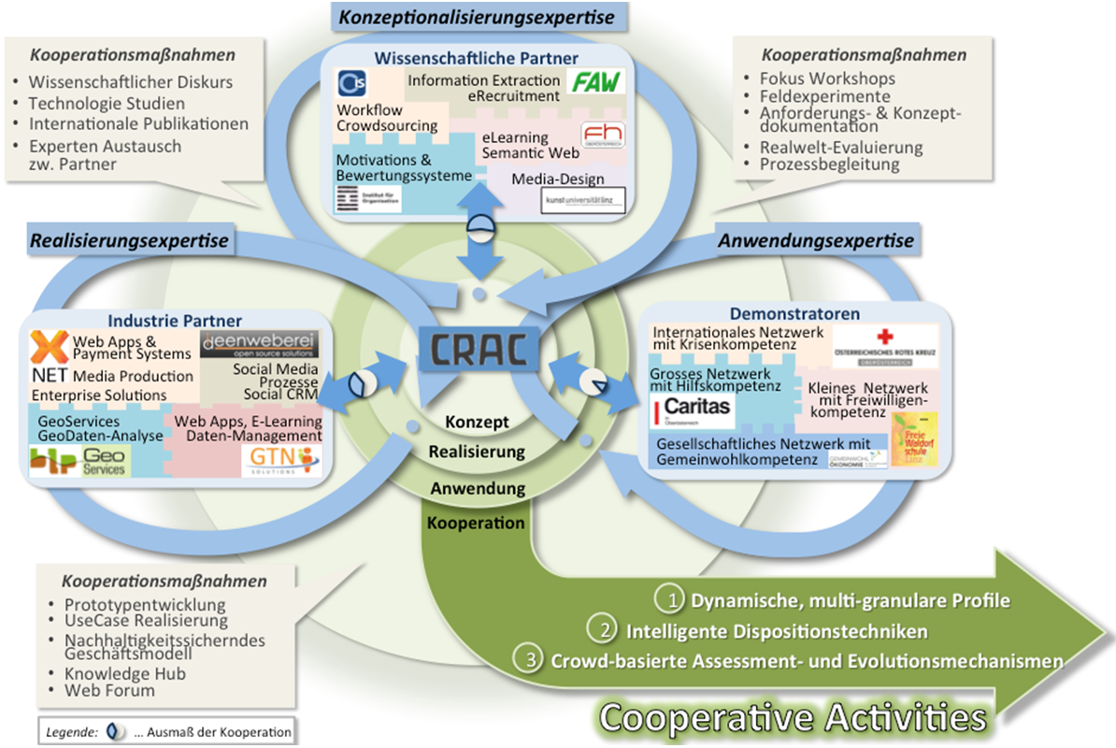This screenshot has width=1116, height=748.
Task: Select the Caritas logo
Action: click(692, 409)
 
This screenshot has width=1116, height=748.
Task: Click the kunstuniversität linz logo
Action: click(581, 199)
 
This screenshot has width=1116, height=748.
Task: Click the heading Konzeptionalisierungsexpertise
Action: click(476, 17)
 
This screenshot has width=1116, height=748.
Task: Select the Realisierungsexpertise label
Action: click(129, 241)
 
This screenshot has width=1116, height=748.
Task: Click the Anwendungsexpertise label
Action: click(816, 241)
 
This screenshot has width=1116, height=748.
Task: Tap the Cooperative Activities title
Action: click(793, 717)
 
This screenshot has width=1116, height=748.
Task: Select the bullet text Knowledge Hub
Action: click(125, 673)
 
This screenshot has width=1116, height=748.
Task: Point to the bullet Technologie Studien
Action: click(107, 103)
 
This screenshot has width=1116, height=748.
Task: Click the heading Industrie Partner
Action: click(174, 320)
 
